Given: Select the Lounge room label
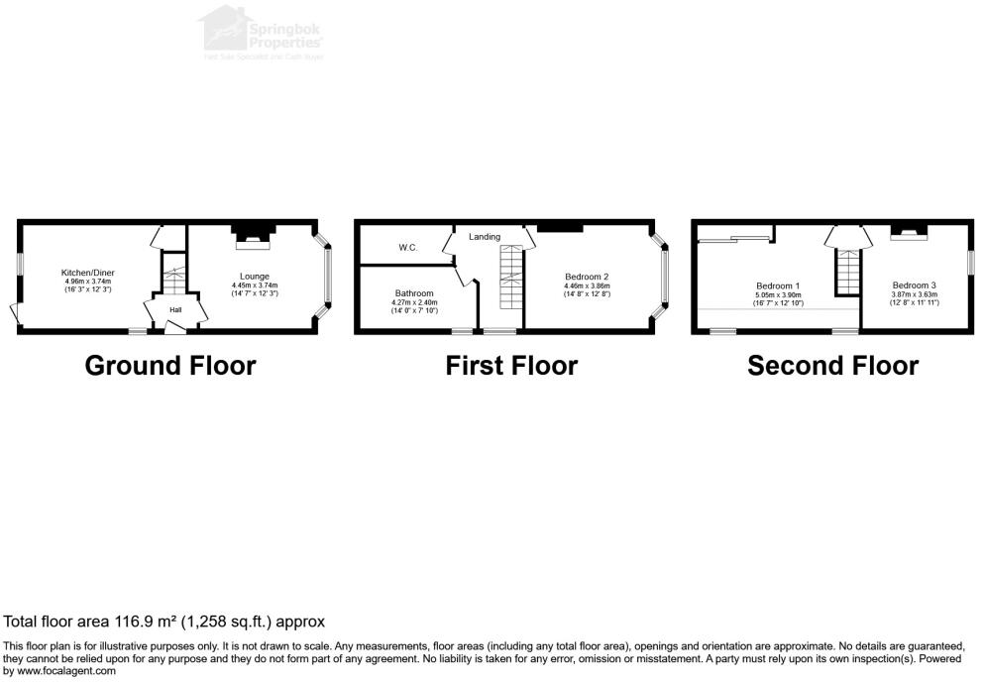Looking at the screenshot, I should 254,277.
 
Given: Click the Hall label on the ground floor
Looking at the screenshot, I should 175,309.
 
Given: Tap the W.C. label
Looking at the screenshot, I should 407,247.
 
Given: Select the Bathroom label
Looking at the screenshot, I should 414,293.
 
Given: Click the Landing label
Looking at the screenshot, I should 485,237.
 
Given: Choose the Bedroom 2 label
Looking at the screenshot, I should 586,277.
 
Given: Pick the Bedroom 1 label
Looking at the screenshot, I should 777,285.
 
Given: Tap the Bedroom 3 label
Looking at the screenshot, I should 913,285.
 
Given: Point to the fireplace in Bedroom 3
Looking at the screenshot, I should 908,234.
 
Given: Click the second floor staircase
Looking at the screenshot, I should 848,271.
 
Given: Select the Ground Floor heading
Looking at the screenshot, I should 170,366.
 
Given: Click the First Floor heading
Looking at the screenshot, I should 511,366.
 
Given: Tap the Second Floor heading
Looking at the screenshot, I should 832,366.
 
